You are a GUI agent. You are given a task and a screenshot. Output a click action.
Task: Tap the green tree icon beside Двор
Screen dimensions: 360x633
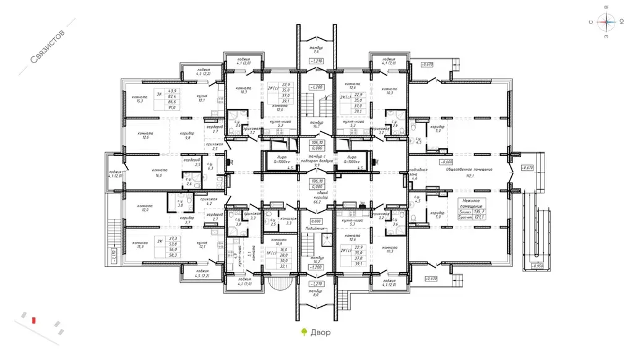[304, 332]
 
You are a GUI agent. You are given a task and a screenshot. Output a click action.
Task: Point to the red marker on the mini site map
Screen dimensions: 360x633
[35, 319]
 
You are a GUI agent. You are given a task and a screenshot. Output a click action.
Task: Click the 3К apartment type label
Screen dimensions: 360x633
[159, 94]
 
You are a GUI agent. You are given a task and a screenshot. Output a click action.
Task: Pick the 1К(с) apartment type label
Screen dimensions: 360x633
[270, 253]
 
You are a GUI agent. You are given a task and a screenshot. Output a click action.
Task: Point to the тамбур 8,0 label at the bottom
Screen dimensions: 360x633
[316, 293]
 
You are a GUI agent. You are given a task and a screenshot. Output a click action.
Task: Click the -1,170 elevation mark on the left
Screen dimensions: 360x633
[113, 253]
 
